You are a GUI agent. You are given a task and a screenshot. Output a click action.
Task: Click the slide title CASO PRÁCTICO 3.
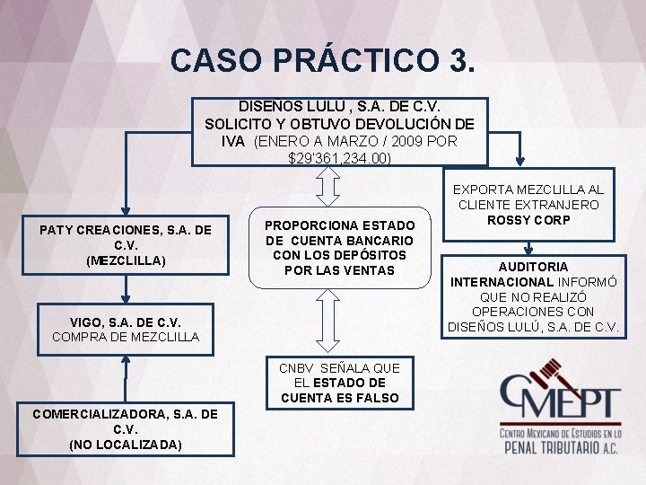click(322, 60)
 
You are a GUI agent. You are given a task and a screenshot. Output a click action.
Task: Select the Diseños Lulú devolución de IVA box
click(340, 131)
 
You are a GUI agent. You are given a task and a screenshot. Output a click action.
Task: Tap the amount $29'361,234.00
click(340, 159)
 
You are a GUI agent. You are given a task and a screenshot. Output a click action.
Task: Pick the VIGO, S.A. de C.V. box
click(126, 329)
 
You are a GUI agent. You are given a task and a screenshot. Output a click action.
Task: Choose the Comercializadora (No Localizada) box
click(126, 428)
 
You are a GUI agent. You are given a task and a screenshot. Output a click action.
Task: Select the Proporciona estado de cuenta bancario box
click(340, 247)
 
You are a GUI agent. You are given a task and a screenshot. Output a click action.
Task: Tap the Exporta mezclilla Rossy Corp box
click(528, 205)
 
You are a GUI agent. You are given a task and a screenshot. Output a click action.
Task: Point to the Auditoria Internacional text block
click(534, 296)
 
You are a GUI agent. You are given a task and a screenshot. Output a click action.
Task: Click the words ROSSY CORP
click(528, 220)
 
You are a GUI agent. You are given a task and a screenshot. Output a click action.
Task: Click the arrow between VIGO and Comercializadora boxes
click(127, 375)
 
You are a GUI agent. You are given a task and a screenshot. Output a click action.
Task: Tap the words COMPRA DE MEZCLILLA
click(126, 337)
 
